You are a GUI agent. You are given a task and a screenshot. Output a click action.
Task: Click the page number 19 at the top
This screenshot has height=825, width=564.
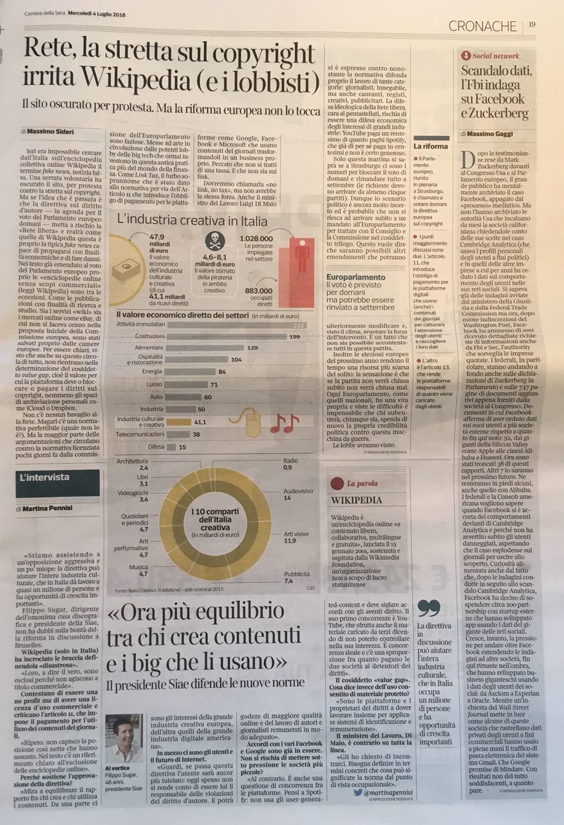point(532,25)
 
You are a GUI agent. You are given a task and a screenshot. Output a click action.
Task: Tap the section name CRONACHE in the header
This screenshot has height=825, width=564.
point(483,26)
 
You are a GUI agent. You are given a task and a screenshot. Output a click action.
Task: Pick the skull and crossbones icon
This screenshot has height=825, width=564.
point(214,241)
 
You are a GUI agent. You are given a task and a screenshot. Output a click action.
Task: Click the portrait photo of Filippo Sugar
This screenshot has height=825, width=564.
point(123,739)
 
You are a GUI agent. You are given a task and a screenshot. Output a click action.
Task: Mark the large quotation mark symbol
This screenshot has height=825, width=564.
point(429,608)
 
